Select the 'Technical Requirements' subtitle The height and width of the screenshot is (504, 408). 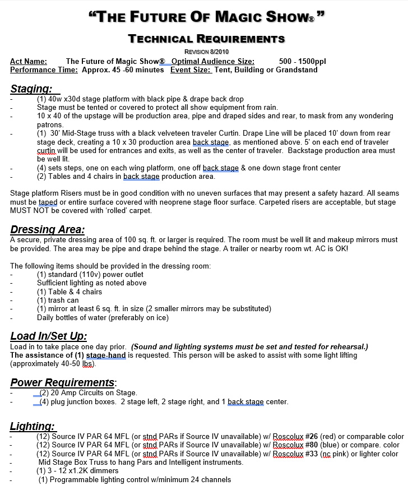click(x=206, y=39)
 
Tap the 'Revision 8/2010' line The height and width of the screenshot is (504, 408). click(x=206, y=52)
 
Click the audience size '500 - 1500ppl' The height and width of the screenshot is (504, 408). click(x=301, y=62)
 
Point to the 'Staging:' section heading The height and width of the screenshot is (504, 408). click(x=32, y=89)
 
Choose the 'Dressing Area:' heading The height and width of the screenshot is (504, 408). click(x=48, y=230)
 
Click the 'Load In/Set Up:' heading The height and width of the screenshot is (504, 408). click(x=49, y=336)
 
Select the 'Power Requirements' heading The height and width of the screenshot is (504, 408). click(x=62, y=383)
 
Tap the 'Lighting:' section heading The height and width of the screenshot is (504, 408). click(x=33, y=427)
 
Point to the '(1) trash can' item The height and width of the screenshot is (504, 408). click(x=58, y=300)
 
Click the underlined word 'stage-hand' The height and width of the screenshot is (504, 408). click(x=105, y=355)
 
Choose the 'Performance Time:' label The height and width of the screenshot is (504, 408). click(x=44, y=70)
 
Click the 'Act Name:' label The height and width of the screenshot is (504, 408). click(x=29, y=62)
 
